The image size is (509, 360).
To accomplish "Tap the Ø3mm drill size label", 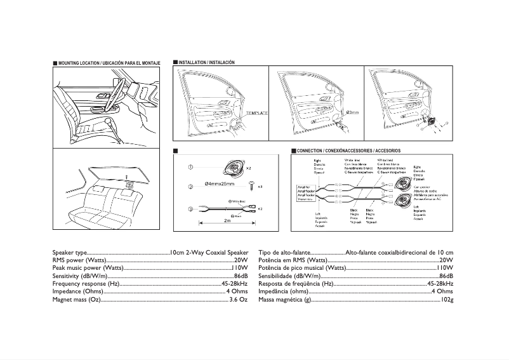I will click(353, 112).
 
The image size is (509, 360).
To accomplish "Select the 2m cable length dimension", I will click(227, 221).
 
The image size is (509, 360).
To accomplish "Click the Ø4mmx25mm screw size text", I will click(219, 184).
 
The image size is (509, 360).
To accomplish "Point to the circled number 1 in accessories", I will click(190, 167).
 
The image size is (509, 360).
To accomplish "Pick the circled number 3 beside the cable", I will click(190, 209).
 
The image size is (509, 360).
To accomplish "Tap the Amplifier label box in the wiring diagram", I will click(307, 192).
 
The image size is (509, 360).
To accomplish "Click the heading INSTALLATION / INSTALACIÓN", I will click(207, 63).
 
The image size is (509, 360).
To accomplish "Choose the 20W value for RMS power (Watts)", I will click(241, 260).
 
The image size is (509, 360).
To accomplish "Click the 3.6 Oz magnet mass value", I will click(238, 299).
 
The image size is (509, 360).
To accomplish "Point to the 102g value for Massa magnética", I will click(447, 299).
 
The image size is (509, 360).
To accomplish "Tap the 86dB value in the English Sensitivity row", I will click(241, 277).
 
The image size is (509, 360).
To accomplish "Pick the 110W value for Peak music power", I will click(239, 269).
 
